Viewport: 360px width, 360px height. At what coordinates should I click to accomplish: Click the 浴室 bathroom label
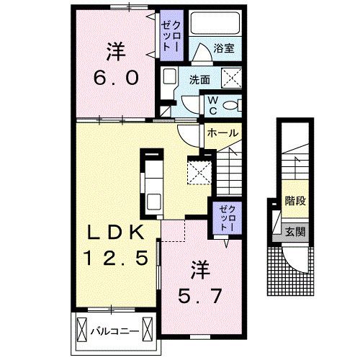click(x=222, y=50)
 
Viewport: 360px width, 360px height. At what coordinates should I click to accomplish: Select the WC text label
click(x=213, y=106)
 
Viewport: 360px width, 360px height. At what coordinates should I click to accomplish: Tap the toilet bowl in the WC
click(x=230, y=106)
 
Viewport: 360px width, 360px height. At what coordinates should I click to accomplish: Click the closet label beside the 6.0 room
click(x=171, y=37)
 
